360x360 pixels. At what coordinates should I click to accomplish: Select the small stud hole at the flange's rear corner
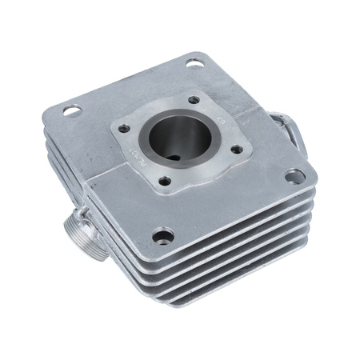193,100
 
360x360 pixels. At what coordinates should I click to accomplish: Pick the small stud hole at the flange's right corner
236,149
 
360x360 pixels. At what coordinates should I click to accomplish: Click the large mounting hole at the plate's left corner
73,111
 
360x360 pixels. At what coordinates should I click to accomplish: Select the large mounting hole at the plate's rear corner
194,63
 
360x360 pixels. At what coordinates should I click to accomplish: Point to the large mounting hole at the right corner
294,175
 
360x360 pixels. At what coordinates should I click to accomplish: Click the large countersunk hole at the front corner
162,236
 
